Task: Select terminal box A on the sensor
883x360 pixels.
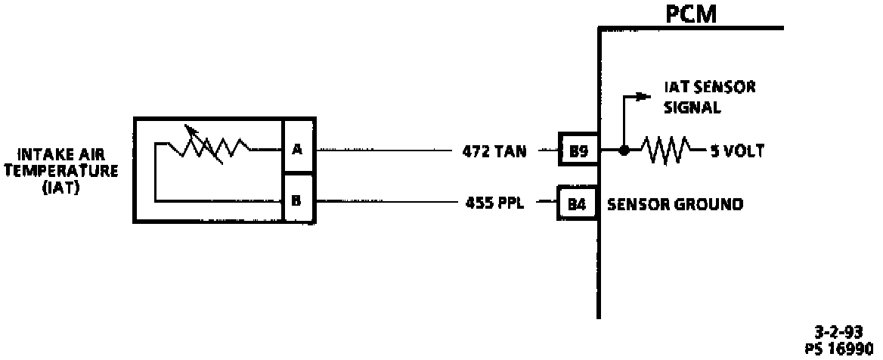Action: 297,148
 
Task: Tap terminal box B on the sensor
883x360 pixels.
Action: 297,202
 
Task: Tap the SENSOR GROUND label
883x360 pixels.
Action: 675,204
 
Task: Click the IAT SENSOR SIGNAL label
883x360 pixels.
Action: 709,98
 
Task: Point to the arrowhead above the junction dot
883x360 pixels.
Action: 643,96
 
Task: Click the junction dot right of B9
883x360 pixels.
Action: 623,151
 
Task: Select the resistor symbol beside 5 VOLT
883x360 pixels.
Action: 666,151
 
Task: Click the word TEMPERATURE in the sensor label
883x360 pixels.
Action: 61,171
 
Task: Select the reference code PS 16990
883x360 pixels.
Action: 837,346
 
